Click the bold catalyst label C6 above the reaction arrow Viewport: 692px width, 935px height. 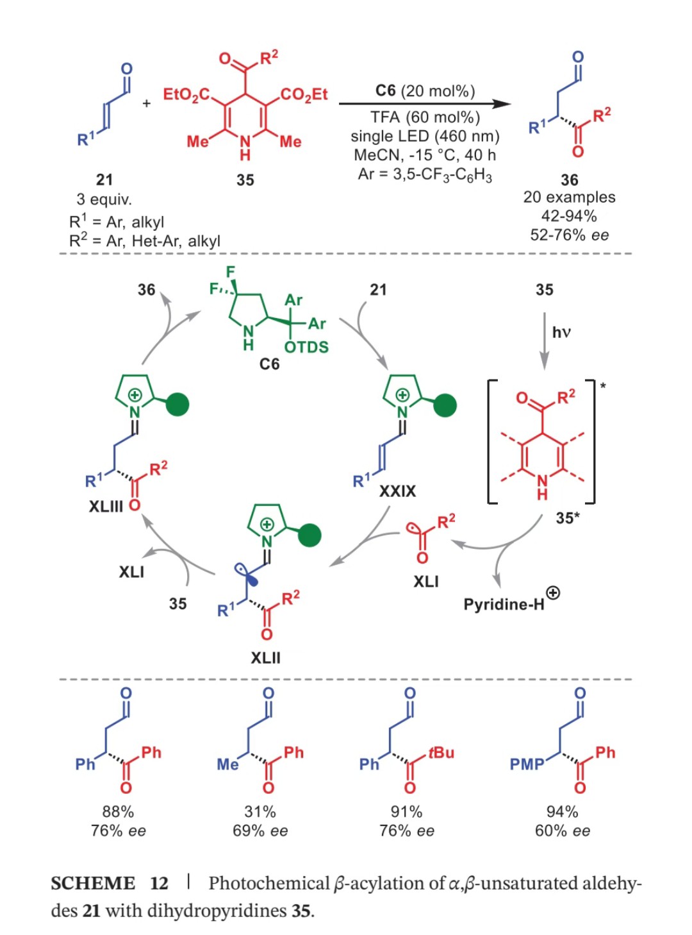(x=385, y=90)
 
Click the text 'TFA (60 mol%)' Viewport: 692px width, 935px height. (x=425, y=117)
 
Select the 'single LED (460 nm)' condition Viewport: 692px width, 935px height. (x=425, y=136)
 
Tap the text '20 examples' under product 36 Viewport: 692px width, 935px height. (x=569, y=197)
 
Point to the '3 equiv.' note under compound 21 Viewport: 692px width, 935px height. (x=104, y=199)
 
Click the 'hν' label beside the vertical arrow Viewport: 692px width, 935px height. (x=562, y=333)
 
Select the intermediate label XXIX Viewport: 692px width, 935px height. (x=397, y=491)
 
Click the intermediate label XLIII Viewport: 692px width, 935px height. (x=106, y=506)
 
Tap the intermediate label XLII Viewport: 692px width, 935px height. (x=265, y=657)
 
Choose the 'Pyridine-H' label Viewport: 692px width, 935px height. (x=504, y=605)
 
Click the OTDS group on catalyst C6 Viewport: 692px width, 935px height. (x=306, y=348)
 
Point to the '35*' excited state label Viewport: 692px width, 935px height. (x=567, y=518)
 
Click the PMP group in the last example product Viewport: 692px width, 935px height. (x=527, y=764)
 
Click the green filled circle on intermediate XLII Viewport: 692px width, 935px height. (x=310, y=535)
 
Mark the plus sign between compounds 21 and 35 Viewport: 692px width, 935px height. (x=146, y=103)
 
